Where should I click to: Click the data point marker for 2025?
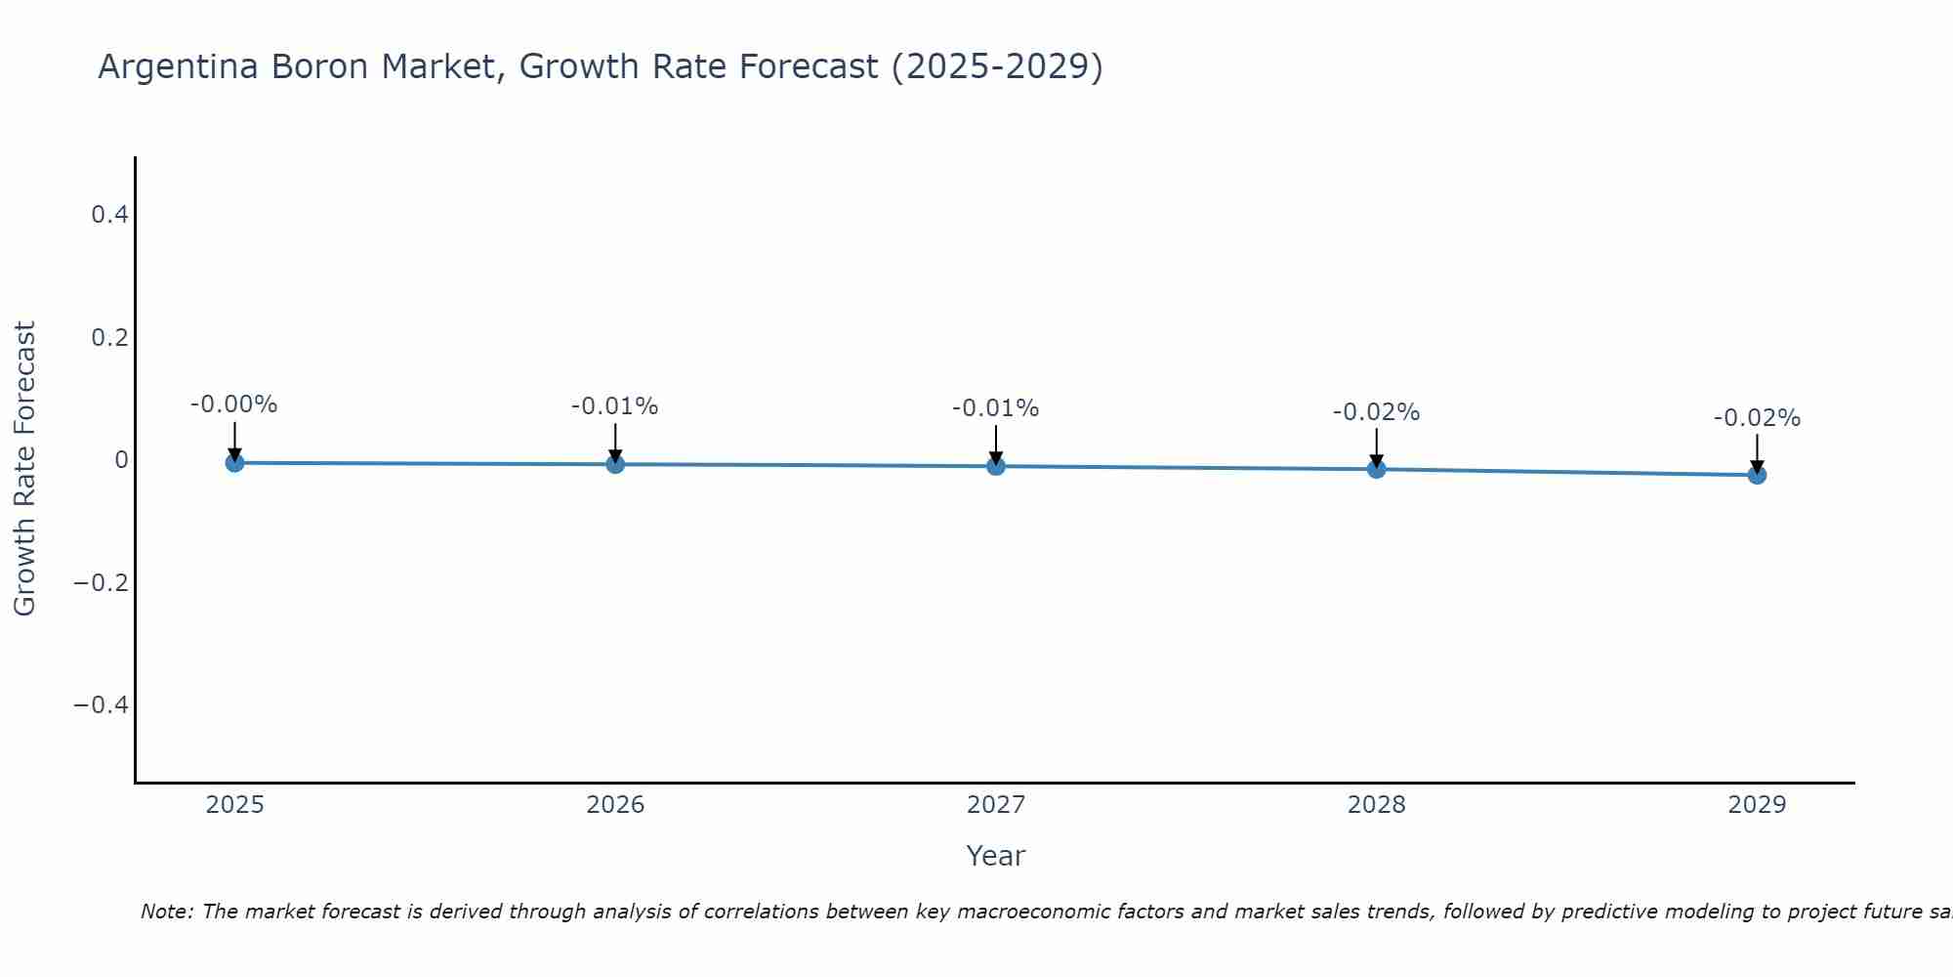[234, 462]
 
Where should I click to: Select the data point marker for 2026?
[615, 464]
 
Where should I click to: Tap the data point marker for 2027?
[996, 466]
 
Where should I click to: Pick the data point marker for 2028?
[1376, 469]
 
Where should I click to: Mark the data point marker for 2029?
[1757, 475]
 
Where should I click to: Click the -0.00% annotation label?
[234, 404]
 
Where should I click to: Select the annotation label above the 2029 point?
[1757, 418]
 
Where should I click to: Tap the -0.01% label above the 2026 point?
[615, 406]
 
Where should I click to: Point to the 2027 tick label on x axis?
[996, 805]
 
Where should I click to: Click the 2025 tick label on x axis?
[234, 805]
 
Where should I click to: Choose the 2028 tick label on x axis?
[1376, 805]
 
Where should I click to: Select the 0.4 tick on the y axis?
[109, 214]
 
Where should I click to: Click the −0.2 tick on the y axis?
[101, 582]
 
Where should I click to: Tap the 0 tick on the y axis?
[121, 459]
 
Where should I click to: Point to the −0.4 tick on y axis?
[101, 705]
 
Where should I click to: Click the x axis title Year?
[995, 856]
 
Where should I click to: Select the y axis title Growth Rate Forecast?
[24, 469]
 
